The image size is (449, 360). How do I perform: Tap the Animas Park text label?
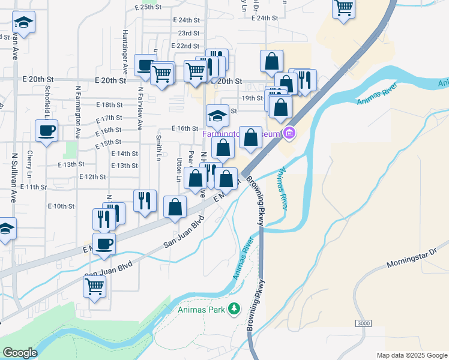pos(200,310)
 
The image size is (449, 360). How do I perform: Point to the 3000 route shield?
pos(363,323)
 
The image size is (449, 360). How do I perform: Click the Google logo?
pos(20,353)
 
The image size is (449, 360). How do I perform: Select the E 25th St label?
pos(151,7)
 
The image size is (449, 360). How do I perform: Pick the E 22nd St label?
pos(185,46)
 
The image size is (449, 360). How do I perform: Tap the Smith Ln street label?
pos(158,147)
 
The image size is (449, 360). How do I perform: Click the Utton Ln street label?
pos(179,170)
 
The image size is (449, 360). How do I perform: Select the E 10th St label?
pos(61,206)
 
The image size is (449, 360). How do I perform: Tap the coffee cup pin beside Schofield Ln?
pos(46,130)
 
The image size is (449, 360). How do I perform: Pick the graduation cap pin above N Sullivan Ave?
pos(24,22)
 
